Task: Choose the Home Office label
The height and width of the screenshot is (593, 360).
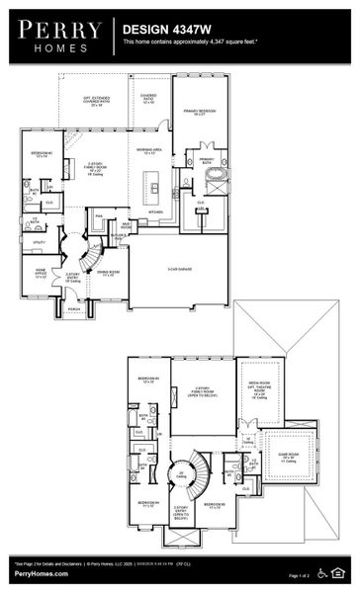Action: (x=42, y=274)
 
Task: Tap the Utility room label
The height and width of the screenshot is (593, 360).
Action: (x=40, y=242)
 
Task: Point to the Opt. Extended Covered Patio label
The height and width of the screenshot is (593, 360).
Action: (x=95, y=103)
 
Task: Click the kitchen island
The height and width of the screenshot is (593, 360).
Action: (x=152, y=184)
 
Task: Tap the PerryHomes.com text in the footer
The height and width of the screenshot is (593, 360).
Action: (x=35, y=573)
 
